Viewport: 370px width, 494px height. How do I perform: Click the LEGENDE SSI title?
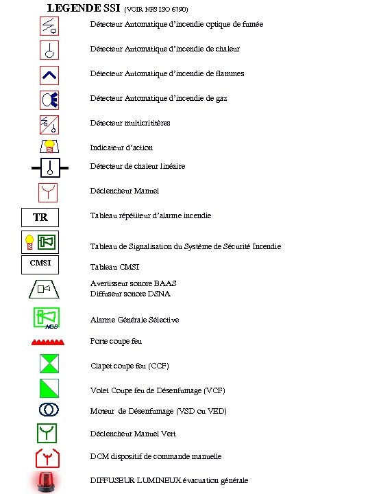point(83,8)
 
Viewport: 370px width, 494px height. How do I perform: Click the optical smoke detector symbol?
point(49,25)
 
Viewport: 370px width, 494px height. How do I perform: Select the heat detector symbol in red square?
point(49,50)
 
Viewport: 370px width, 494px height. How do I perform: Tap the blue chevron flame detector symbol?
point(49,74)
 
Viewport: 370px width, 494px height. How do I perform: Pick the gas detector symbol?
point(49,99)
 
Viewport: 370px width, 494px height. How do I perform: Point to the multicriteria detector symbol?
point(49,124)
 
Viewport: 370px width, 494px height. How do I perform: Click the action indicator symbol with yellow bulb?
point(49,147)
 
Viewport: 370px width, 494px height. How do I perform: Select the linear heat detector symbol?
point(49,167)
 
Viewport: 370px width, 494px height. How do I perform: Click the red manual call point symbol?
point(49,192)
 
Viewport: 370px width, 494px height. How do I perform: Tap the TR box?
point(41,217)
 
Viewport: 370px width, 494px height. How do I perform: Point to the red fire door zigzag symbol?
point(49,341)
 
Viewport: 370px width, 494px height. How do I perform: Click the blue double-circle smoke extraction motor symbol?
point(49,410)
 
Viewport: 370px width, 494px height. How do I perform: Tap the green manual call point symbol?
point(49,433)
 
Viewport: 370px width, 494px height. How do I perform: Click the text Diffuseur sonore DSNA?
point(130,294)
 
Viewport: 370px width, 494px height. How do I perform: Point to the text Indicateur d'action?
point(121,148)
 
